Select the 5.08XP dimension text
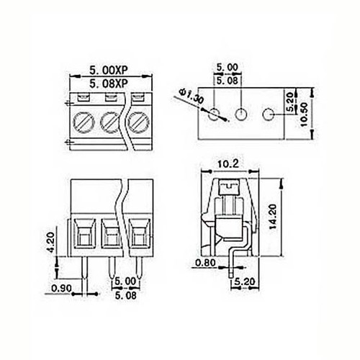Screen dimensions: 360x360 (109, 84)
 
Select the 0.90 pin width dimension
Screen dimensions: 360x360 (62, 289)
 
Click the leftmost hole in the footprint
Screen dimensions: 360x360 (214, 114)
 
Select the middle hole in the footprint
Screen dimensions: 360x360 (241, 114)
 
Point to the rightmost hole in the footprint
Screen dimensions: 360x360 (269, 114)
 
